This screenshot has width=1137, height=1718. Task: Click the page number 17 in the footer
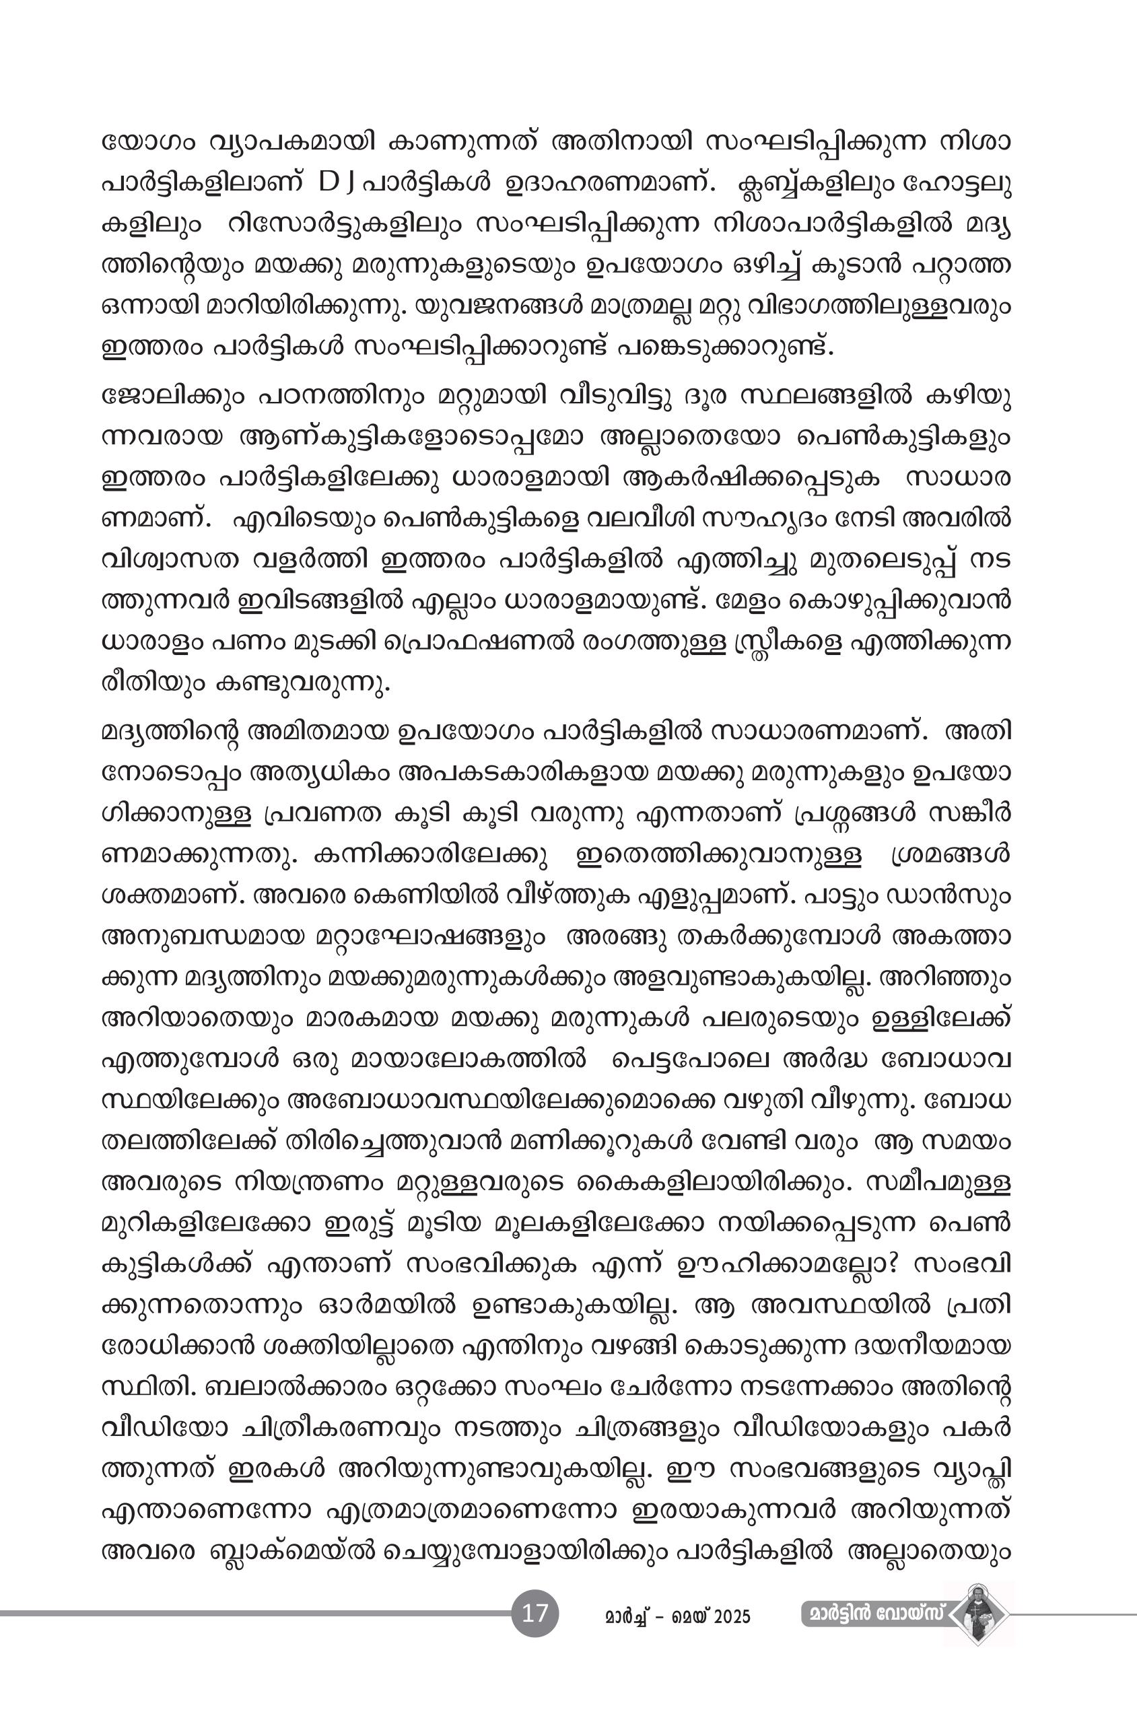click(535, 1614)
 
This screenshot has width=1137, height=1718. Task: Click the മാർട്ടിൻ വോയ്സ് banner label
click(874, 1614)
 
